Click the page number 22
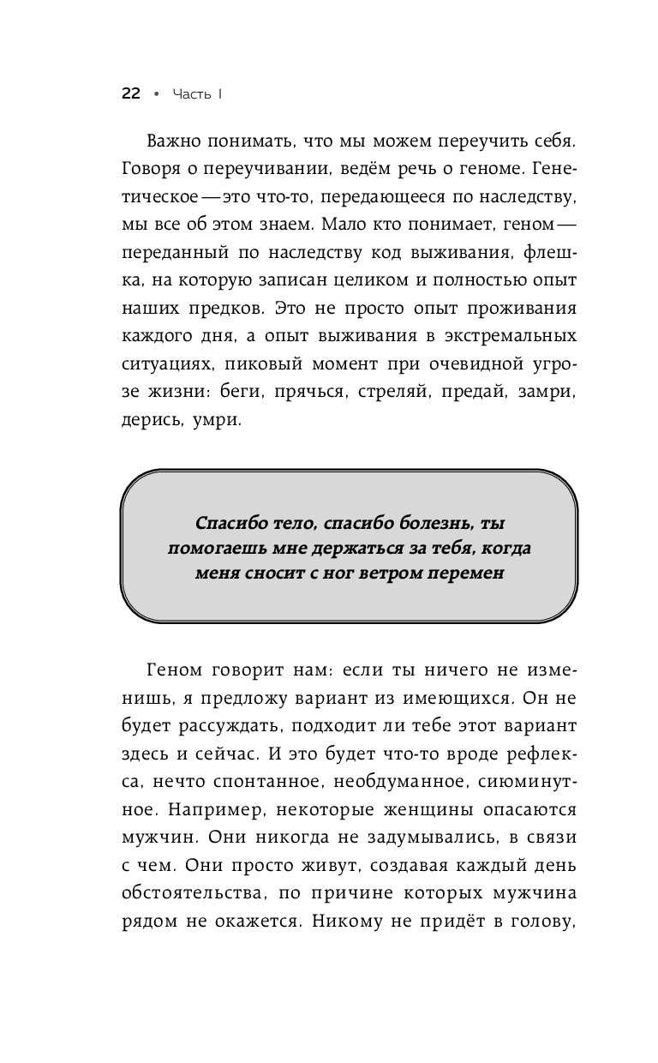click(x=130, y=94)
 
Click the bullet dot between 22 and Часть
click(x=156, y=94)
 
